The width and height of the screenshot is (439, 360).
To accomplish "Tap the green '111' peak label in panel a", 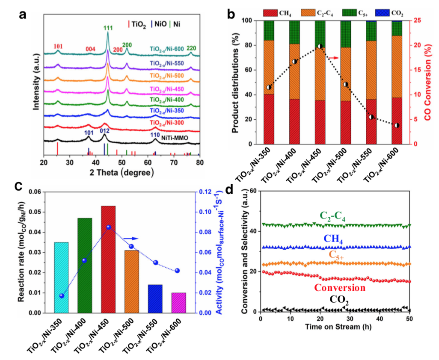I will [107, 28].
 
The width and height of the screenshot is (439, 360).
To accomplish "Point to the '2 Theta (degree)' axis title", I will [121, 172].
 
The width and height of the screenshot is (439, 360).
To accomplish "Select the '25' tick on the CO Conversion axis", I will [415, 20].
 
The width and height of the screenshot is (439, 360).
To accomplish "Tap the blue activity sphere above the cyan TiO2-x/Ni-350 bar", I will [62, 295].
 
